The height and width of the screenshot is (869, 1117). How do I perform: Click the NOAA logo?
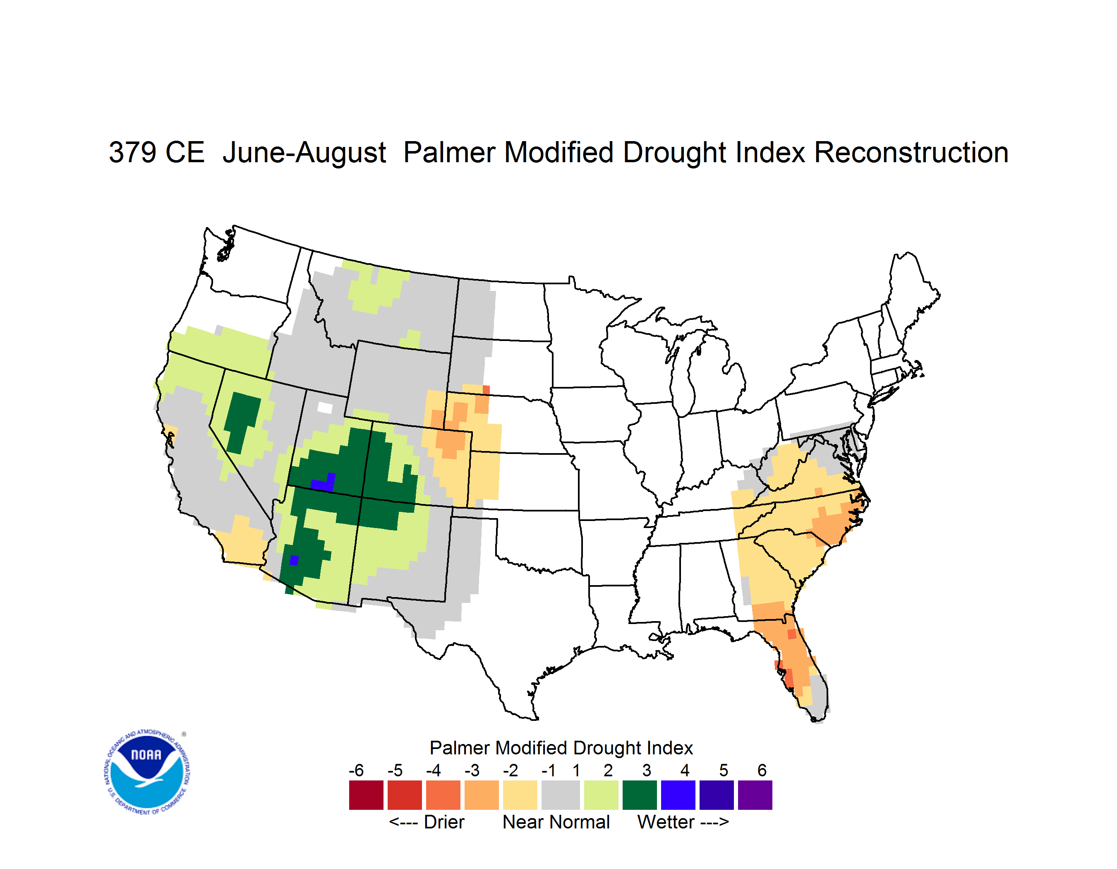147,772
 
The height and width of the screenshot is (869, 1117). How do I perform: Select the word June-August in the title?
304,154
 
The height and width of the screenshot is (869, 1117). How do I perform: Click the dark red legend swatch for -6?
366,795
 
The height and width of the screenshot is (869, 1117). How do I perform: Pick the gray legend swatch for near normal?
561,795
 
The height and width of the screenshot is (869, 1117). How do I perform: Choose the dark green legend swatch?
639,795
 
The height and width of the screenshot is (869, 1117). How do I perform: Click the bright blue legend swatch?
678,795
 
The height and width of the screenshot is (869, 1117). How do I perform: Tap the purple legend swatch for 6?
755,795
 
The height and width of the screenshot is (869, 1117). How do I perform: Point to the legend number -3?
472,770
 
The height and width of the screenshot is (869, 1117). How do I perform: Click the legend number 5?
723,770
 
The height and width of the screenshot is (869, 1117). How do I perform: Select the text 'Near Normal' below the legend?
556,822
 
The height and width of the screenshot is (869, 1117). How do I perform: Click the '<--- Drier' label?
427,822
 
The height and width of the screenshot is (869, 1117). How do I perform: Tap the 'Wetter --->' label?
683,822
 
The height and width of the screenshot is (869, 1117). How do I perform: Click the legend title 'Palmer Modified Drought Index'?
561,748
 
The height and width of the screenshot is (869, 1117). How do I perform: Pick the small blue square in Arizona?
294,560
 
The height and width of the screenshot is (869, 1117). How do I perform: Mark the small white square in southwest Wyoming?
325,408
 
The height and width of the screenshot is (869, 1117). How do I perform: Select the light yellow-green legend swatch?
601,795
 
